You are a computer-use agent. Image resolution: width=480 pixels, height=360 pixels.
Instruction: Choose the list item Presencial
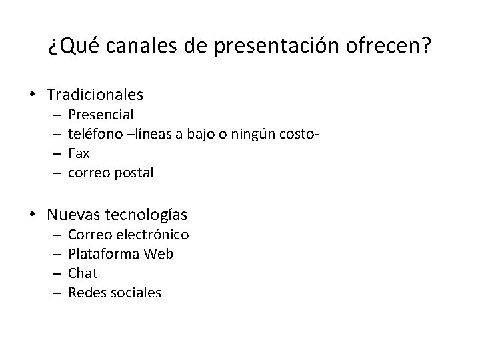tap(101, 115)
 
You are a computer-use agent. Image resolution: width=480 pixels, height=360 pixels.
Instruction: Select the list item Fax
tap(79, 153)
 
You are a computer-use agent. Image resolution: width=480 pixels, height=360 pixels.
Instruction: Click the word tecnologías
tap(146, 215)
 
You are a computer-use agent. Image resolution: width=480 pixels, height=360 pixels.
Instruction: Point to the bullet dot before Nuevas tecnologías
tap(33, 215)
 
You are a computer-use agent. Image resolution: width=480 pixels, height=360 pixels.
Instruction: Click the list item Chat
tap(83, 273)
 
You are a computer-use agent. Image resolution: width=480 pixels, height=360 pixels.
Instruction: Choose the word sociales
tap(136, 292)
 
